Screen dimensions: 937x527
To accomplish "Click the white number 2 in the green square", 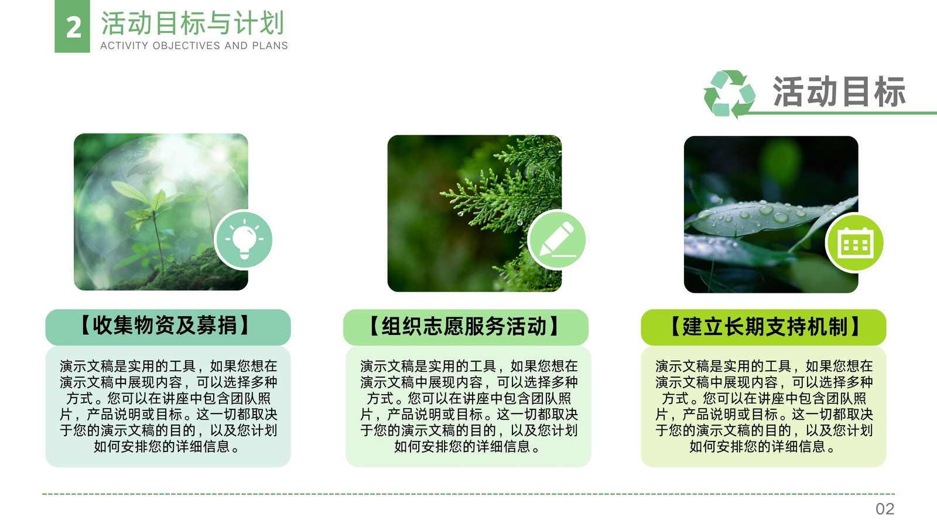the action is point(74,28).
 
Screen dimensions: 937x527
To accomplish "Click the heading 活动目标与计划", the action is point(193,23).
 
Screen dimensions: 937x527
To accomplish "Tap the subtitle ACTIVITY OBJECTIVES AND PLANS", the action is point(194,46).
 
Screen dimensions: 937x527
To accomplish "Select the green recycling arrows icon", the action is point(729,94).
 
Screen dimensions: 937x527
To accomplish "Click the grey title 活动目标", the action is point(839,91).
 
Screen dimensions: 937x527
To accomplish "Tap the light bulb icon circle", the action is point(244,239).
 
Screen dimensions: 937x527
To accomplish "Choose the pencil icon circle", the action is point(558,239).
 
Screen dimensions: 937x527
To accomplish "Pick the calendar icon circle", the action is point(856,243).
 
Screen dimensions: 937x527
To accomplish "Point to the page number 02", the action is point(885,509).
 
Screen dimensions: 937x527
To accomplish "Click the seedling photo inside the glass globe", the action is point(160,211).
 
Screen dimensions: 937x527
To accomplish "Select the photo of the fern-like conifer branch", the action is point(474,213).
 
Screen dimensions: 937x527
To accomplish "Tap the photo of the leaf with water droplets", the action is point(771,214).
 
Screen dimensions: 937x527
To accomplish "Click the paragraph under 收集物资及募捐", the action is point(168,406).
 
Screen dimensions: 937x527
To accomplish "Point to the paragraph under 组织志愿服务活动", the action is point(468,406).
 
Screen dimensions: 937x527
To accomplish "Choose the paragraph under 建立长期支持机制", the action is point(764,406).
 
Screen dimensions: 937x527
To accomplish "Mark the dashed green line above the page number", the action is point(468,494).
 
